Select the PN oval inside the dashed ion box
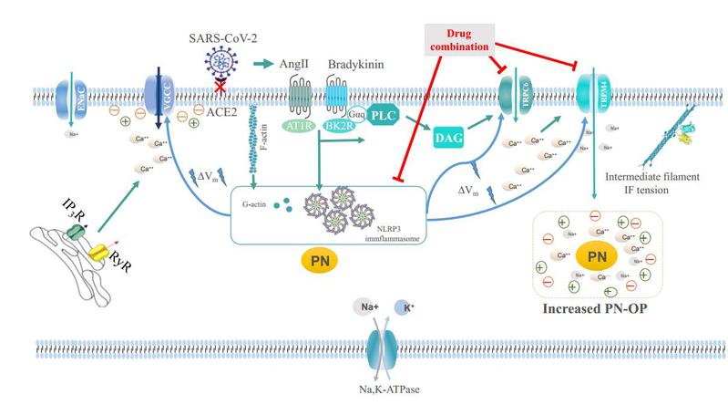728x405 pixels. tap(597, 257)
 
